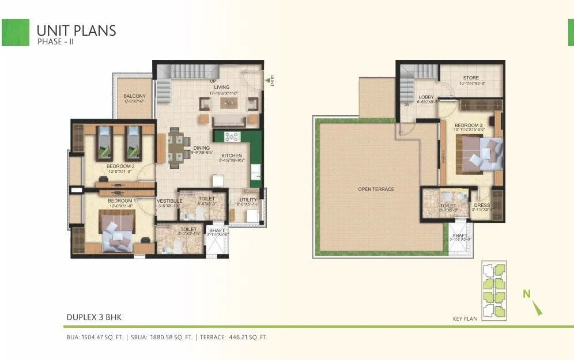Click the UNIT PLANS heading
76,30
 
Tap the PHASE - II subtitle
56,42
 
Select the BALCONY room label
135,96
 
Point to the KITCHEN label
232,155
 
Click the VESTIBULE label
169,200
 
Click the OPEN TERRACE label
376,189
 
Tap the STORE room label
471,78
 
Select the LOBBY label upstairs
426,97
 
